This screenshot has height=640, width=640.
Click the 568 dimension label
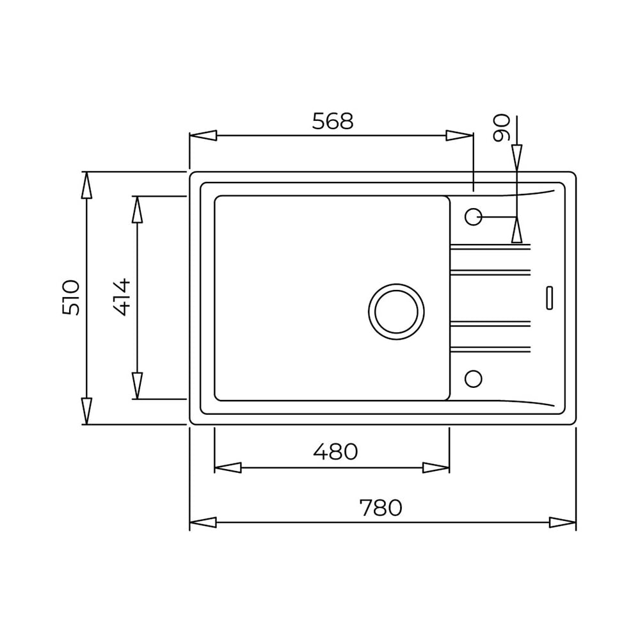point(333,121)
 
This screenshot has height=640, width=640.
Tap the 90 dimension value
point(502,128)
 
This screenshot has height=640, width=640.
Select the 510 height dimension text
point(71,297)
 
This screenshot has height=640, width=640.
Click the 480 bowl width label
point(335,451)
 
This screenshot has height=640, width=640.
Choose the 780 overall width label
point(381,508)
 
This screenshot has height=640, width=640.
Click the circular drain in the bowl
point(396,312)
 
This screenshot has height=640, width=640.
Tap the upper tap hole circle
point(474,216)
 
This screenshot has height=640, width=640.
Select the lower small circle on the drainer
point(474,379)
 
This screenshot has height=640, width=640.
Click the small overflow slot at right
point(549,298)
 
